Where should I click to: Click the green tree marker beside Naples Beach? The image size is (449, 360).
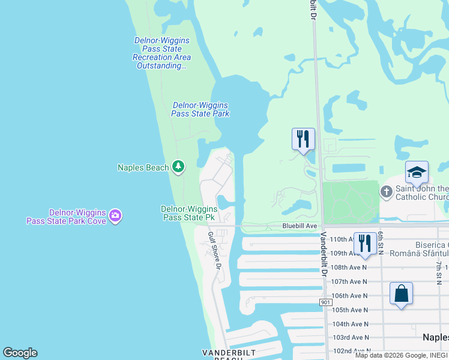click(178, 166)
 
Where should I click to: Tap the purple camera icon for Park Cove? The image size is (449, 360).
click(115, 215)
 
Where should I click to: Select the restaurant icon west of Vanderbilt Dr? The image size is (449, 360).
click(303, 139)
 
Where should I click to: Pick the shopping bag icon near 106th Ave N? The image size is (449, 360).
click(401, 294)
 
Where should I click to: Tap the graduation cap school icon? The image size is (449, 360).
click(417, 173)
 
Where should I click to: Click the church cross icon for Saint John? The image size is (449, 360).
click(386, 191)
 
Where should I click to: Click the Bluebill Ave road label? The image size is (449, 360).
click(300, 226)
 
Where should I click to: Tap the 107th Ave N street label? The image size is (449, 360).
click(349, 281)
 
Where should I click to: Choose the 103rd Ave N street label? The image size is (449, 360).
click(351, 338)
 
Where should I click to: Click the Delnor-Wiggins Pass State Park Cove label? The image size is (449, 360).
click(66, 217)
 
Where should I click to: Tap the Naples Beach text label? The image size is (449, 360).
click(143, 167)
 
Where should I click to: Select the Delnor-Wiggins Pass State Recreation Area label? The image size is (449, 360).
click(161, 53)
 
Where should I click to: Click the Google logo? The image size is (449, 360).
click(20, 353)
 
